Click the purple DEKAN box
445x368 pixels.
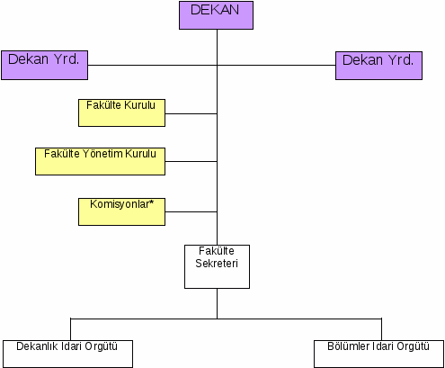[216, 15]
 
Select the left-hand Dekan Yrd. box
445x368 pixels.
[45, 65]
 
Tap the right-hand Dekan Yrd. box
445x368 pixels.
[378, 66]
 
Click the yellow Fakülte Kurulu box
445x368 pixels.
[121, 112]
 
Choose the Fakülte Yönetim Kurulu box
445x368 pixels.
[100, 161]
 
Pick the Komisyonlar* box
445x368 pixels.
[121, 211]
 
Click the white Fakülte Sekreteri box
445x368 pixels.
[217, 267]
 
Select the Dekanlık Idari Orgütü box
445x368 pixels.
[67, 354]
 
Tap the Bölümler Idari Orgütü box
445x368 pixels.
[378, 354]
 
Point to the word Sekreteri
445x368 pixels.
[217, 264]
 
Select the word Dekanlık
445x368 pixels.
[37, 346]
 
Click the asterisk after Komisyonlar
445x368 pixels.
[151, 202]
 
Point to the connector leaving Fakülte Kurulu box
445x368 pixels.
[191, 113]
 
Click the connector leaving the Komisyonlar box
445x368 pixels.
[191, 211]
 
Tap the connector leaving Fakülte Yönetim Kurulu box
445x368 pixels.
[191, 161]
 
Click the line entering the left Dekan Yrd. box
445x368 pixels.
[153, 65]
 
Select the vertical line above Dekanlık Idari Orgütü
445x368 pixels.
[71, 329]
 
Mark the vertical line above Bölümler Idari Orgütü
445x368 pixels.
[381, 329]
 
